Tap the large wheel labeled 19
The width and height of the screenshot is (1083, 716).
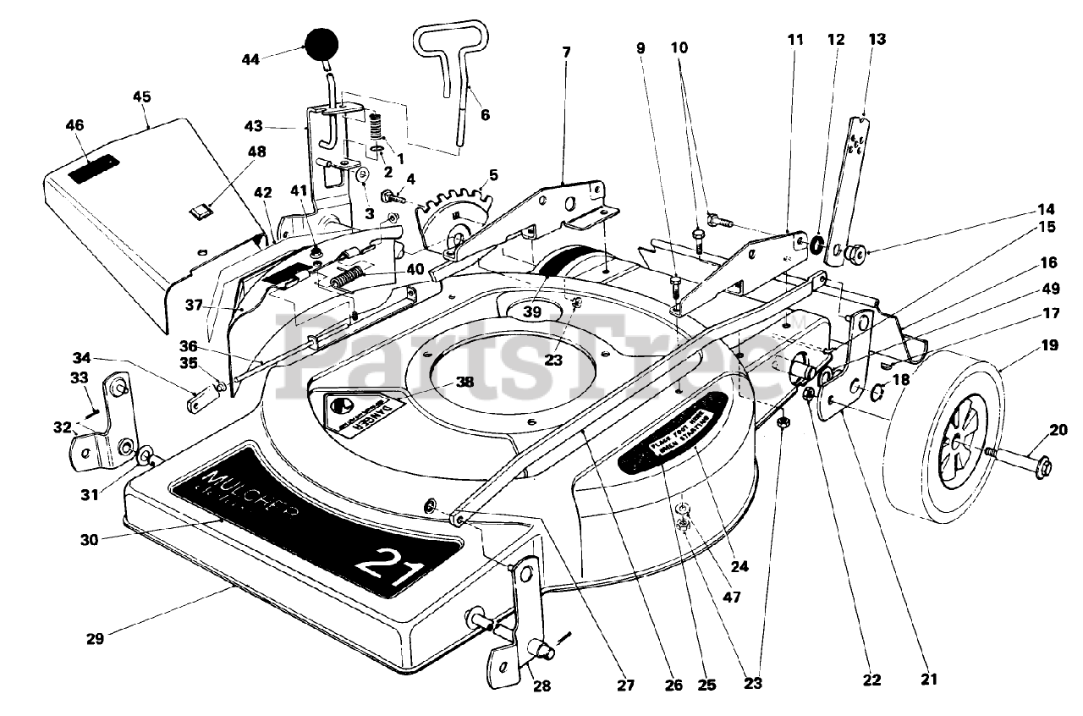pos(959,437)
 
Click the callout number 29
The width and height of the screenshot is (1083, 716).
pos(95,638)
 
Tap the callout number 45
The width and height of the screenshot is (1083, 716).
pos(141,96)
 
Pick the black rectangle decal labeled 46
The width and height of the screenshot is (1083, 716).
pos(93,168)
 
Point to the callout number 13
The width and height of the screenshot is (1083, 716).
pos(877,39)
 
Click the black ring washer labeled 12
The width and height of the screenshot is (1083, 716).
pos(816,246)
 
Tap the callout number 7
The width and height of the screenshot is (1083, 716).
pos(565,52)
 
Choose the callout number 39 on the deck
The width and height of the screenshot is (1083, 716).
pos(531,312)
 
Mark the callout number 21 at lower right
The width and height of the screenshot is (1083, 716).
pos(931,677)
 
